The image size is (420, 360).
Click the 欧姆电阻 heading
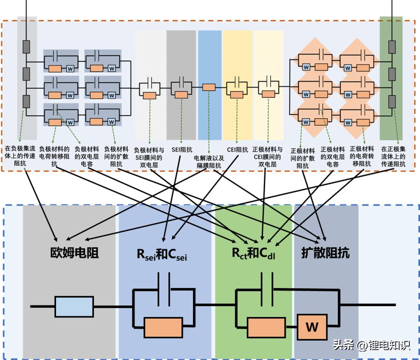pyautogui.click(x=74, y=253)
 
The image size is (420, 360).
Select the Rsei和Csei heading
pyautogui.click(x=162, y=254)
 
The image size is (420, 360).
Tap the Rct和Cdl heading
pyautogui.click(x=254, y=253)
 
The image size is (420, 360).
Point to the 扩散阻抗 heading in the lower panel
pyautogui.click(x=325, y=253)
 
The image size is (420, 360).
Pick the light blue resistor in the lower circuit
pyautogui.click(x=74, y=306)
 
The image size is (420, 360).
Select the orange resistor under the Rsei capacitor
pyautogui.click(x=163, y=327)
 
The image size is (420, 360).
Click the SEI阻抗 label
pyautogui.click(x=181, y=149)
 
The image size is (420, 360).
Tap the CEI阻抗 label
pyautogui.click(x=237, y=149)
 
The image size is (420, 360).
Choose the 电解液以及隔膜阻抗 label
pyautogui.click(x=209, y=162)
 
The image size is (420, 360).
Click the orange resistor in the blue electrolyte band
pyautogui.click(x=209, y=87)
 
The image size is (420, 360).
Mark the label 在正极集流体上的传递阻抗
pyautogui.click(x=393, y=156)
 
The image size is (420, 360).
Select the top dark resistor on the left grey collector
pyautogui.click(x=26, y=47)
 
